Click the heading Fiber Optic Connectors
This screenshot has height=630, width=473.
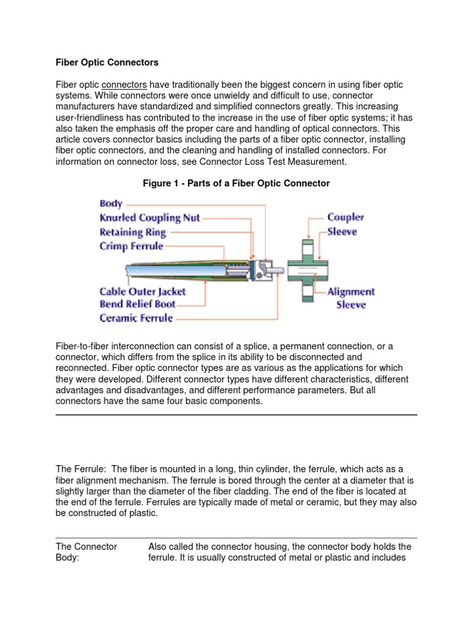pyautogui.click(x=107, y=63)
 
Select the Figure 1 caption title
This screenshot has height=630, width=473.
pyautogui.click(x=236, y=183)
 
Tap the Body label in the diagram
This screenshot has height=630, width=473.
pyautogui.click(x=111, y=203)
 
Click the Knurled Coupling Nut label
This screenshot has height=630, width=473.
pyautogui.click(x=150, y=217)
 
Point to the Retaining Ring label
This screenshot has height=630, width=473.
pyautogui.click(x=132, y=232)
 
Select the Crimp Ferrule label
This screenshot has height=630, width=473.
pyautogui.click(x=131, y=246)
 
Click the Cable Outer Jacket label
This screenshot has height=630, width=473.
pyautogui.click(x=142, y=290)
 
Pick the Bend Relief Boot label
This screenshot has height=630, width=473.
pyautogui.click(x=137, y=304)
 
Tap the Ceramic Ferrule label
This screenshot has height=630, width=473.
pyautogui.click(x=136, y=318)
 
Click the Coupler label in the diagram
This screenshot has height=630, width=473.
pyautogui.click(x=346, y=217)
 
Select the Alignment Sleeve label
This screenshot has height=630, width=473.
pyautogui.click(x=350, y=298)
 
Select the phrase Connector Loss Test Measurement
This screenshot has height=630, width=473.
pyautogui.click(x=278, y=162)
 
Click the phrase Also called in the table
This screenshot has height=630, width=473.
pyautogui.click(x=170, y=546)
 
